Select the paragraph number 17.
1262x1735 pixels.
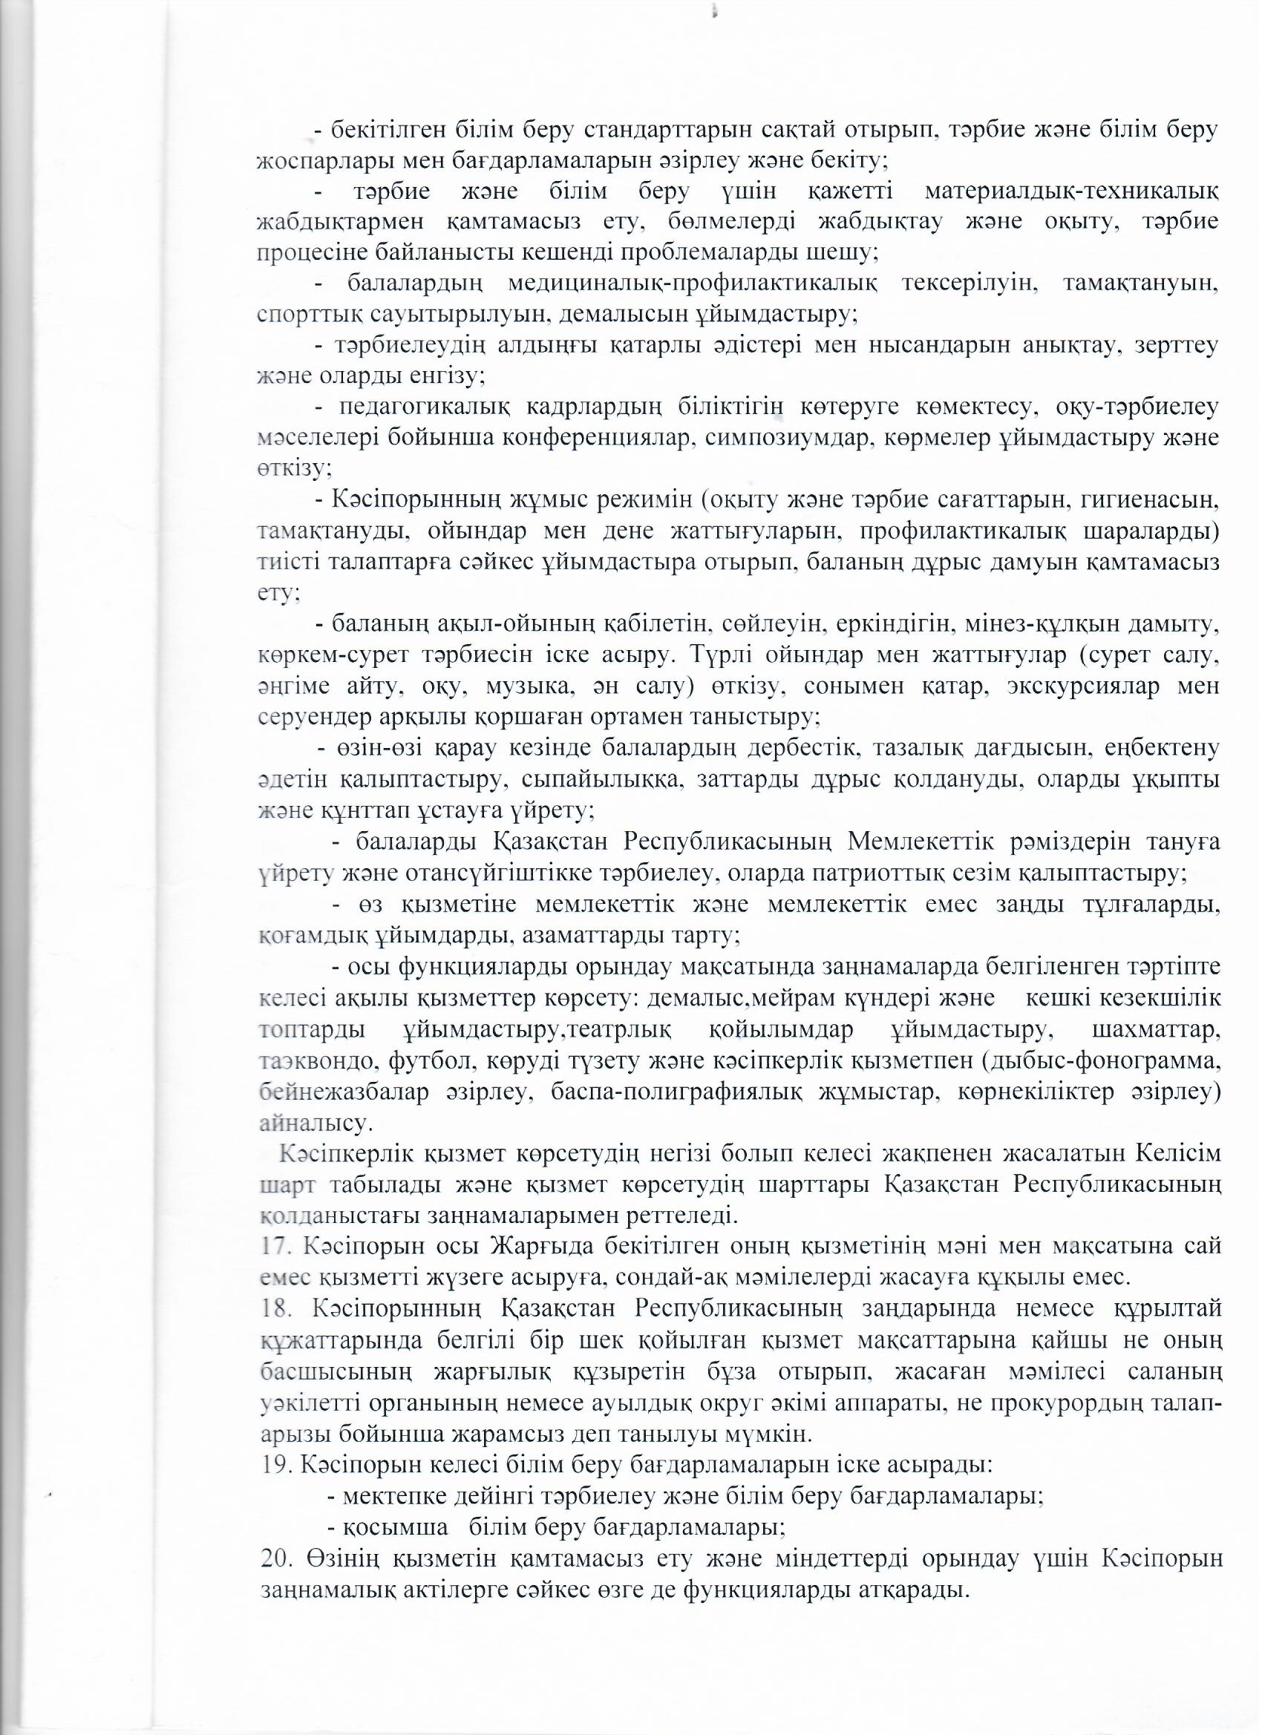pyautogui.click(x=273, y=1246)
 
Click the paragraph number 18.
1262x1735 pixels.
pyautogui.click(x=273, y=1308)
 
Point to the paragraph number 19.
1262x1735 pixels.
pyautogui.click(x=273, y=1466)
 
